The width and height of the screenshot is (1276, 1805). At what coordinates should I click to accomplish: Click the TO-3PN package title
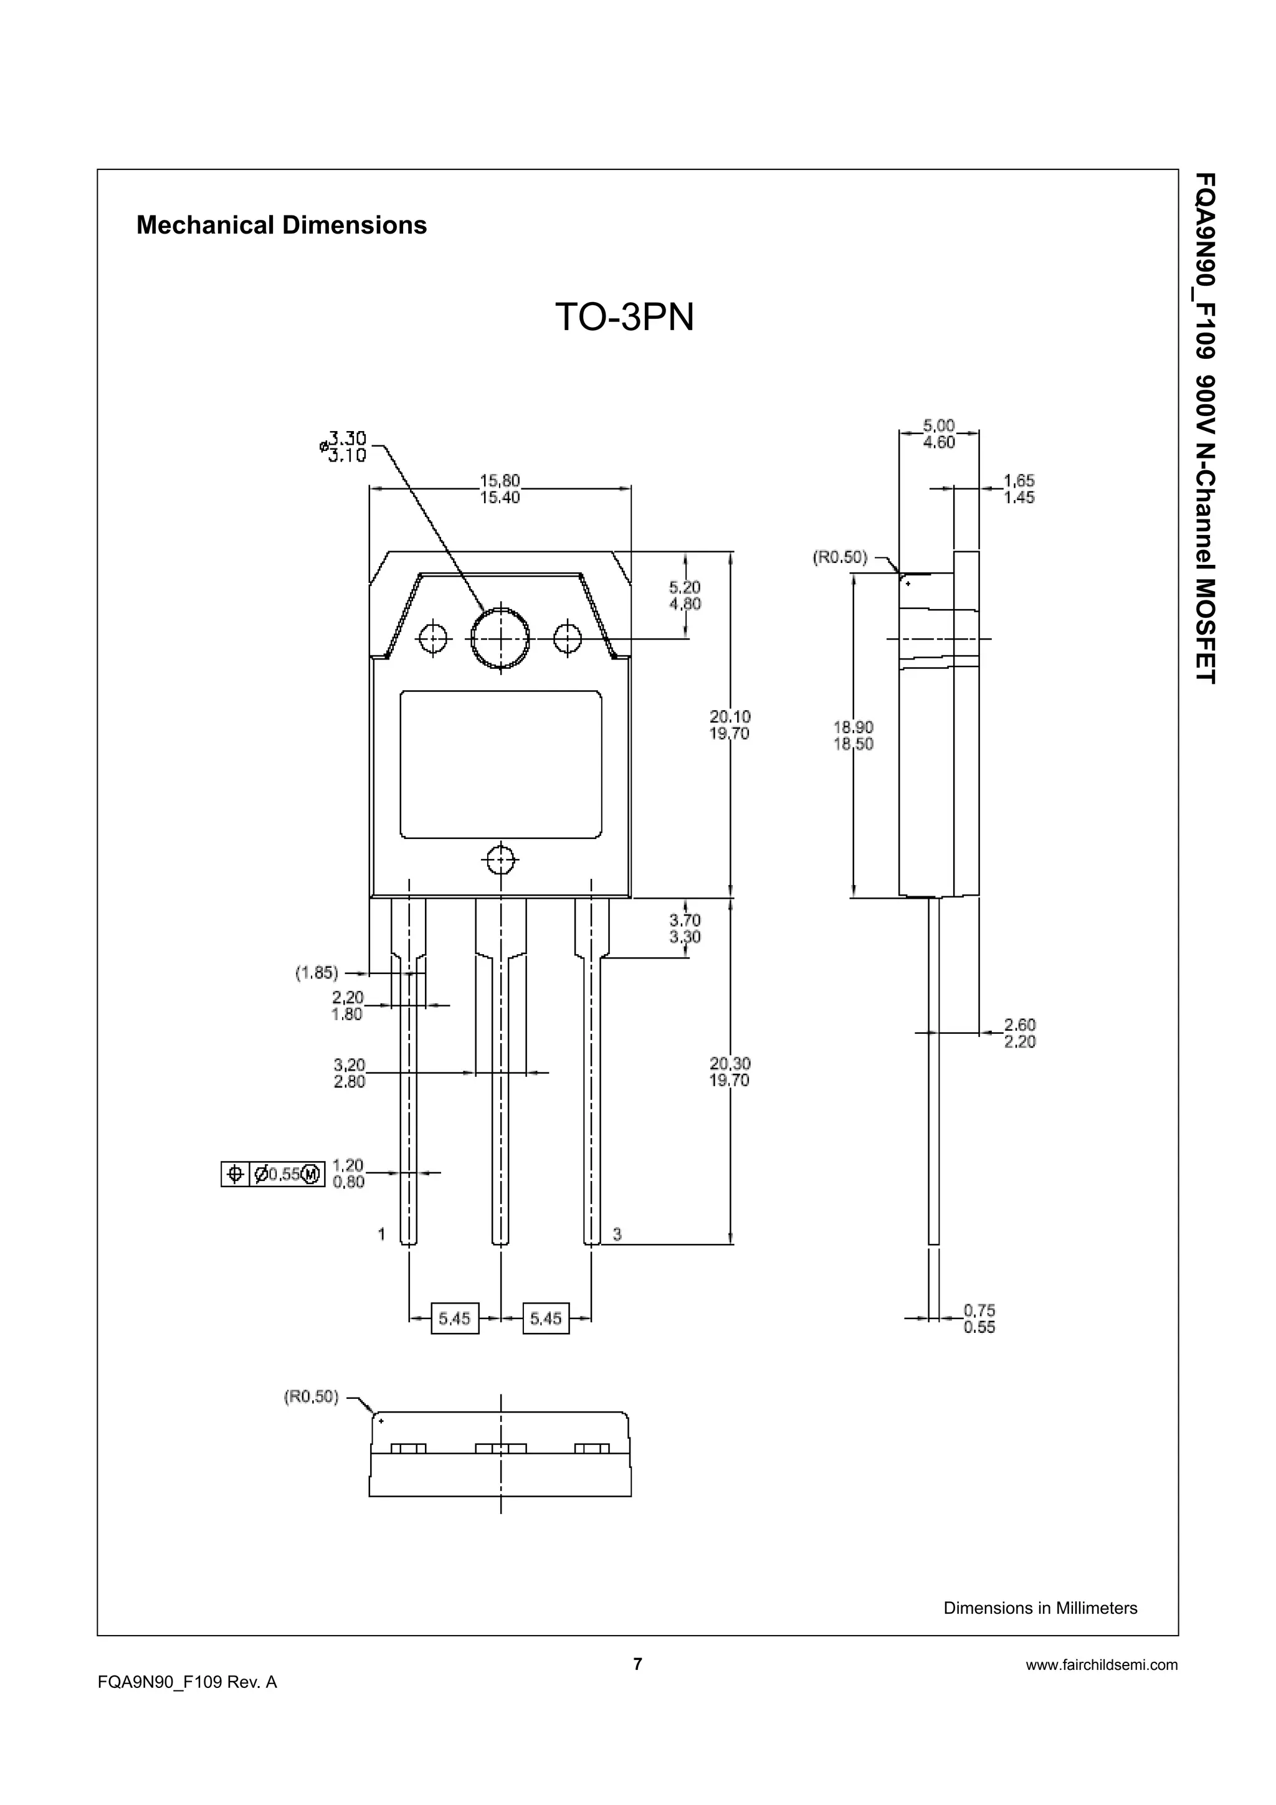(624, 318)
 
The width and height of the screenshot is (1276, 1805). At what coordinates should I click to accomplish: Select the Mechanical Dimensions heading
(282, 225)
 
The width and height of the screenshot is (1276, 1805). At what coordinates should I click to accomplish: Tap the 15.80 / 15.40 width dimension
(500, 489)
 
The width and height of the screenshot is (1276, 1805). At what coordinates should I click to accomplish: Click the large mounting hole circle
(500, 638)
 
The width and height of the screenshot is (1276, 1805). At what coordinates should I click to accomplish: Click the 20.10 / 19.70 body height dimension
(730, 725)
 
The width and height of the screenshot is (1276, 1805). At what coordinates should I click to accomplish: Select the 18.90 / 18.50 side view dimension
(853, 735)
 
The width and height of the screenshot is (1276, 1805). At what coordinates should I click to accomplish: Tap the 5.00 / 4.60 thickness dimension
(939, 434)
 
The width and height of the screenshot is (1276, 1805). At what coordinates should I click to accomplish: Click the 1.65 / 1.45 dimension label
(1019, 489)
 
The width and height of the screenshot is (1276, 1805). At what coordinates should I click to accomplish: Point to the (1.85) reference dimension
(317, 974)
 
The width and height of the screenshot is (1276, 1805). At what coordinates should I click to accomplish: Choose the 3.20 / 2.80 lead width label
(349, 1073)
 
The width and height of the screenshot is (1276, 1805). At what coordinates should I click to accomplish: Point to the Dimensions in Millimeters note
(1039, 1608)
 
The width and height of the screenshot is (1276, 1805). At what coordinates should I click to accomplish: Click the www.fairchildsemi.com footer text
(1102, 1664)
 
